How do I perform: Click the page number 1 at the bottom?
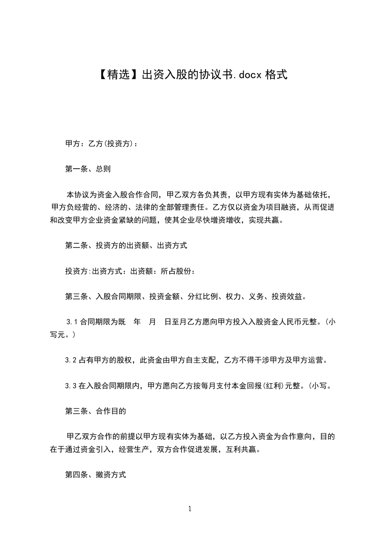tap(190, 509)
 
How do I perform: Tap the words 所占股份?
tap(177, 271)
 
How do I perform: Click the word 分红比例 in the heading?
tap(204, 297)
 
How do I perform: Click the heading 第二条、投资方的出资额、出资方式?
tap(126, 246)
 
